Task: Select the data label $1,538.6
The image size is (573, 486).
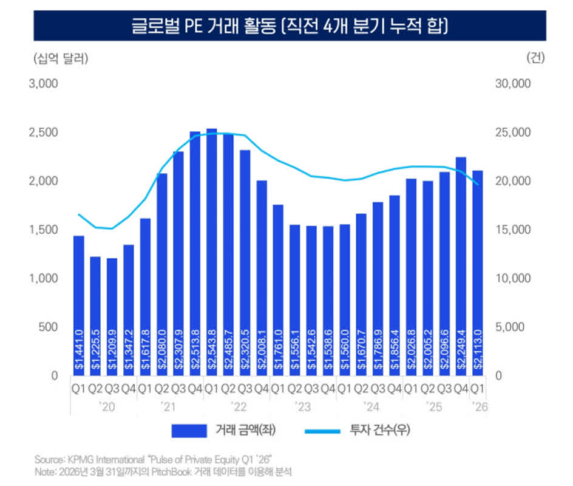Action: [x=328, y=351]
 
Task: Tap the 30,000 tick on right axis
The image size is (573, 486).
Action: [x=514, y=84]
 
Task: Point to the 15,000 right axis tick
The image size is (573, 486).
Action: [x=514, y=230]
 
